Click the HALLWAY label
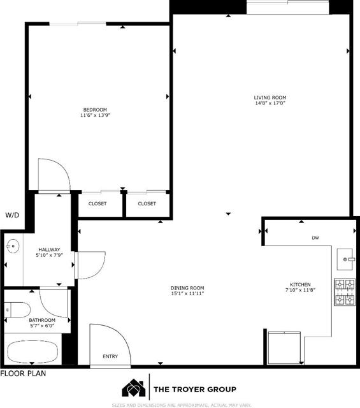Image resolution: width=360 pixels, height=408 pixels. tap(49, 249)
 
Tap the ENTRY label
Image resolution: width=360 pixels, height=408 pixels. tap(110, 356)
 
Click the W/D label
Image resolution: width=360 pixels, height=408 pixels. tap(12, 215)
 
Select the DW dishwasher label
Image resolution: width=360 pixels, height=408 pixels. tap(315, 238)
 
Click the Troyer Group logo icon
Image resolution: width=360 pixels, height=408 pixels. tap(133, 388)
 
